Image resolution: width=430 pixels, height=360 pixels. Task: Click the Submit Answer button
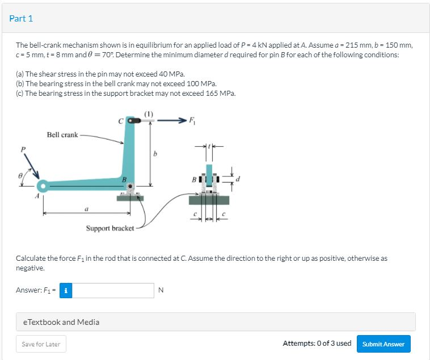383,344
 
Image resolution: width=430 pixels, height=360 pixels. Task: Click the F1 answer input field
113,290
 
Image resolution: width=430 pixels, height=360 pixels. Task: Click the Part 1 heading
21,18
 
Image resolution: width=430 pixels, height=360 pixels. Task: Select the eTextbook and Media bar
215,322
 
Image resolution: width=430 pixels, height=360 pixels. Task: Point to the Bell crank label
62,135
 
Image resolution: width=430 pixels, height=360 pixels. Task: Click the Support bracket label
110,228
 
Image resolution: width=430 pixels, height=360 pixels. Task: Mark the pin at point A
41,186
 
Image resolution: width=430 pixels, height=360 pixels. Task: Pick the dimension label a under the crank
86,208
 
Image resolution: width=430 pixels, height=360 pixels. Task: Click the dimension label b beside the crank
156,154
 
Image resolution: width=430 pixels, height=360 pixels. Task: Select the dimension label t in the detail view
212,145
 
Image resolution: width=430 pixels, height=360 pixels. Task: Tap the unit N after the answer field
161,291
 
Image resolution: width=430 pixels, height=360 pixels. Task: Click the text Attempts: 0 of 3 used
317,344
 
